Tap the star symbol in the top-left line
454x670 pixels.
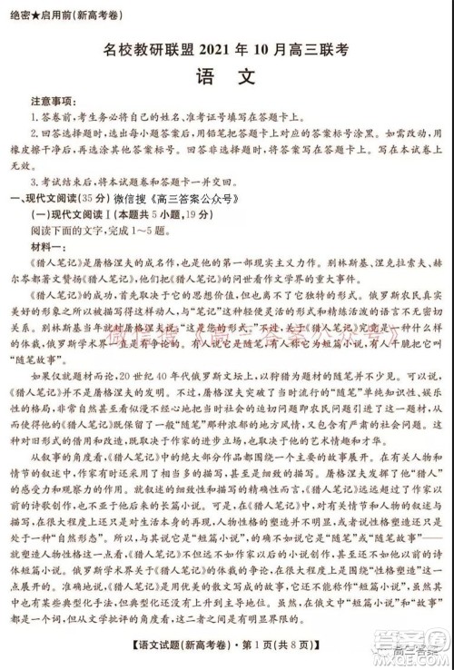point(35,12)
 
